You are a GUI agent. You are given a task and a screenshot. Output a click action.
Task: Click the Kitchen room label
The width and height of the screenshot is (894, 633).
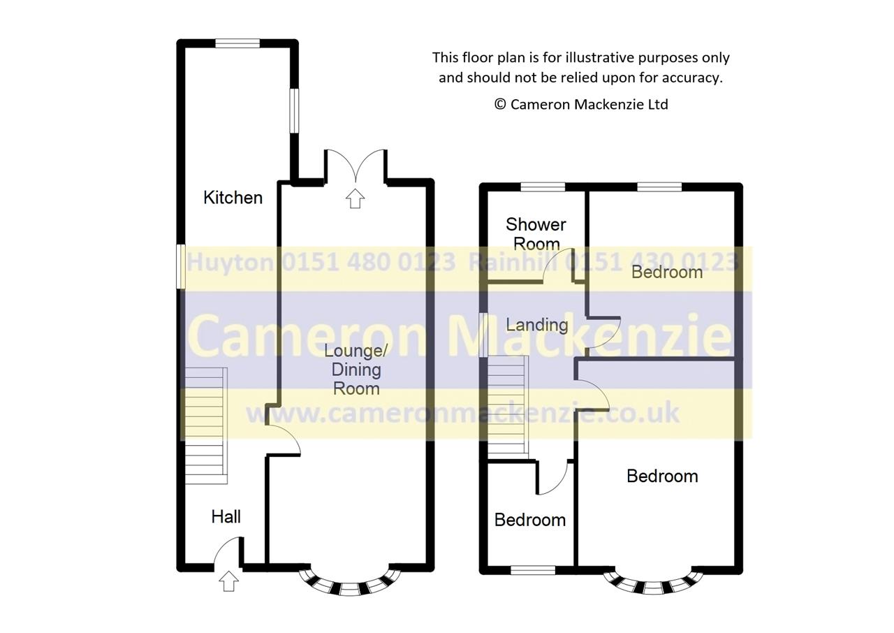coord(233,198)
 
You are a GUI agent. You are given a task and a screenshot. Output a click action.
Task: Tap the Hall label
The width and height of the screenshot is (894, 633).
coord(226,516)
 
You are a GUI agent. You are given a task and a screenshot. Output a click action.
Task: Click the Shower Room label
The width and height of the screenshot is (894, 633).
coord(536,233)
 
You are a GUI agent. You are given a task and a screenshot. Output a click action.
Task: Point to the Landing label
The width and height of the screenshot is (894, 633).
coord(536,325)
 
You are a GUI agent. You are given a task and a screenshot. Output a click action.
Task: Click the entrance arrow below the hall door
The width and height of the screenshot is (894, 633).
coord(228,581)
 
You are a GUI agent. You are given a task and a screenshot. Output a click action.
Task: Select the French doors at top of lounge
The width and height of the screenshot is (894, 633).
coord(356,166)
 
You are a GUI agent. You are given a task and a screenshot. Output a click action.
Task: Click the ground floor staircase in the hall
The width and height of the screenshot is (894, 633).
coord(206,425)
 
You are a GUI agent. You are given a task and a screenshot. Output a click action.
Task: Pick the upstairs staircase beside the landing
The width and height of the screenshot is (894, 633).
coord(507,405)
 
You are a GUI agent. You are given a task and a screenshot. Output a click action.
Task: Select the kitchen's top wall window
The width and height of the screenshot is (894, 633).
coord(237,43)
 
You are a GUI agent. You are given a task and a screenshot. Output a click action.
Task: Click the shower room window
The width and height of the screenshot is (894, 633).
coord(543,187)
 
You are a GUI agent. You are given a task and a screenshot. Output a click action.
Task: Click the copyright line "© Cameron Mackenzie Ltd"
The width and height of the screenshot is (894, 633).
coord(581,104)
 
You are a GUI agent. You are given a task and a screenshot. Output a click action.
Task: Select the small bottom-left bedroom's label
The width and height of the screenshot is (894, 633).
coord(529,520)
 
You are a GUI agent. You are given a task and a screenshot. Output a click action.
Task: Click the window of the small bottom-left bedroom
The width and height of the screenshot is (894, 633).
coord(533,570)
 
